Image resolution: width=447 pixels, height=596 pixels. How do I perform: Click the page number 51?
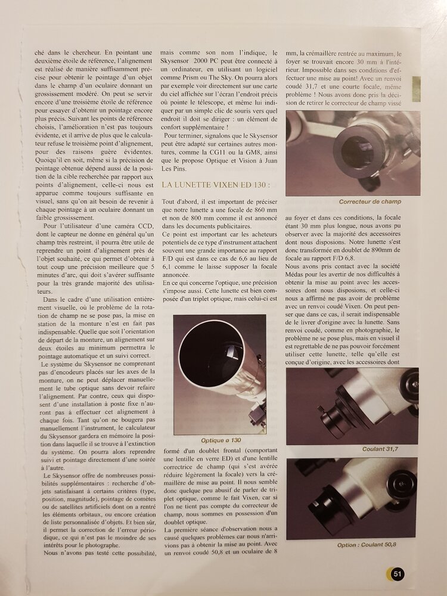pos(398,574)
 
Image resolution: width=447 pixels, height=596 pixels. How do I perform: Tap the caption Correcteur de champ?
pos(370,201)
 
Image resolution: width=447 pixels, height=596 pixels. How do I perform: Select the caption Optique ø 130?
pos(220,440)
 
